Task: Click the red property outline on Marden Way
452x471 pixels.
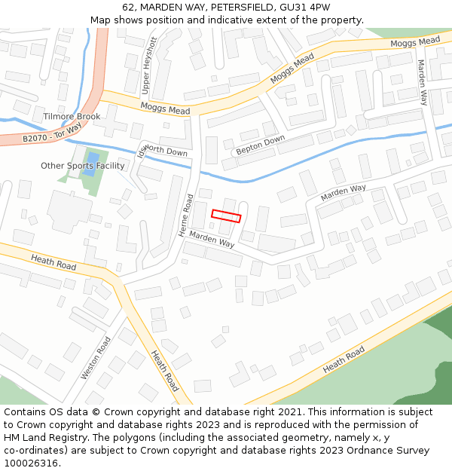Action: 226,216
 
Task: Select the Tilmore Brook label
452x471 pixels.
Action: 72,117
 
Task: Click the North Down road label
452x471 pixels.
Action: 164,151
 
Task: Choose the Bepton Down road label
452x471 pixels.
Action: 261,145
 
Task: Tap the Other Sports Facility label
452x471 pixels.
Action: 83,166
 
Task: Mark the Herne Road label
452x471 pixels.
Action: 186,216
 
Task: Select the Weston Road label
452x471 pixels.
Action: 96,358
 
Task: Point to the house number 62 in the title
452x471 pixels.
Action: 128,8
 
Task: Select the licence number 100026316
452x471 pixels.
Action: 32,463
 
